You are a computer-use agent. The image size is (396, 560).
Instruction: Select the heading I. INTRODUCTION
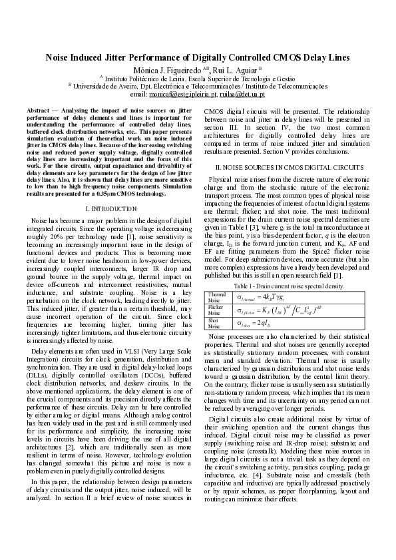click(x=110, y=209)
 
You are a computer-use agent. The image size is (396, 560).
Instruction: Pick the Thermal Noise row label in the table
click(x=217, y=296)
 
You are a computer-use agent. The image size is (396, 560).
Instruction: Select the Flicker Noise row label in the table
click(x=216, y=310)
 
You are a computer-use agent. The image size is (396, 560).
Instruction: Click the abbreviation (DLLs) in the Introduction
click(x=39, y=372)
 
